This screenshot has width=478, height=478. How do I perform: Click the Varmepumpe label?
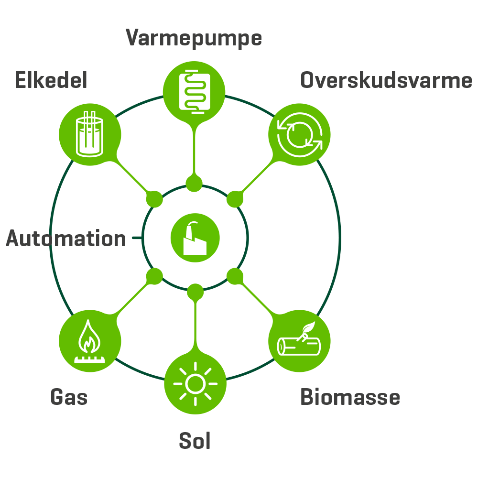pos(194,38)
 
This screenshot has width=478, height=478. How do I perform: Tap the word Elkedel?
pos(51,80)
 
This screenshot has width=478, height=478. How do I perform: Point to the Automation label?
pos(66,239)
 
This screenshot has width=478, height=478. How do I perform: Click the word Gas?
pos(69,397)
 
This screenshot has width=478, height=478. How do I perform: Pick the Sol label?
pos(195,441)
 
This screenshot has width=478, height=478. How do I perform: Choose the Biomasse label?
pos(350,397)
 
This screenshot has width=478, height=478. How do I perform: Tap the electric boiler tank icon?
pos(89,134)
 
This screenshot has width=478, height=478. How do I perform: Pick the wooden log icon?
pos(299,341)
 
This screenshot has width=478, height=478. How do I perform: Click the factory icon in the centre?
pos(195,238)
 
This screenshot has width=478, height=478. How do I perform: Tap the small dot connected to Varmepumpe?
pos(194,184)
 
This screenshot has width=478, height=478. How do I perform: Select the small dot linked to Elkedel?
pos(154,198)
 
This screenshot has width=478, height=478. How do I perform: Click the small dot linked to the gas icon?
pos(154,276)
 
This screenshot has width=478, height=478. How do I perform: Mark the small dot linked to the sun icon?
pos(195,291)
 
